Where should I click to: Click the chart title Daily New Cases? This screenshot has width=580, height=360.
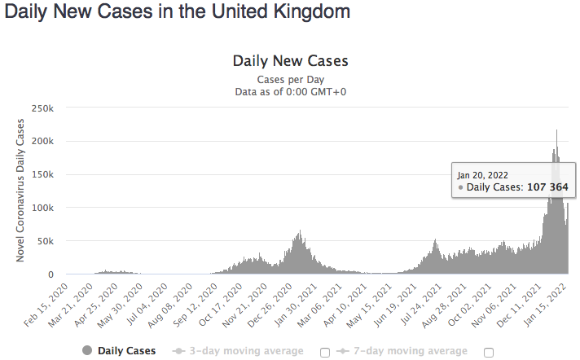(290, 61)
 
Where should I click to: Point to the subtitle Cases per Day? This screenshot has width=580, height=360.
(290, 80)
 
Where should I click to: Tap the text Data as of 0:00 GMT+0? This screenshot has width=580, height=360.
(290, 92)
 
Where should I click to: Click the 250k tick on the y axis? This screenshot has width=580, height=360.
(42, 108)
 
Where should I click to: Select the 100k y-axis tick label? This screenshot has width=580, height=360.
(42, 208)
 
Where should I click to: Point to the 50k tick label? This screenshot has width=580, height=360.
(45, 241)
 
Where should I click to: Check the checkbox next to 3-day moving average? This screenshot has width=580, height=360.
(326, 352)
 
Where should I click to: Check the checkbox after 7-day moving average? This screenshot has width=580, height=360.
(489, 352)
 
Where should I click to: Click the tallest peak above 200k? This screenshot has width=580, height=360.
(556, 130)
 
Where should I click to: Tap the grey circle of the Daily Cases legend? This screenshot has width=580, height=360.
(87, 351)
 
